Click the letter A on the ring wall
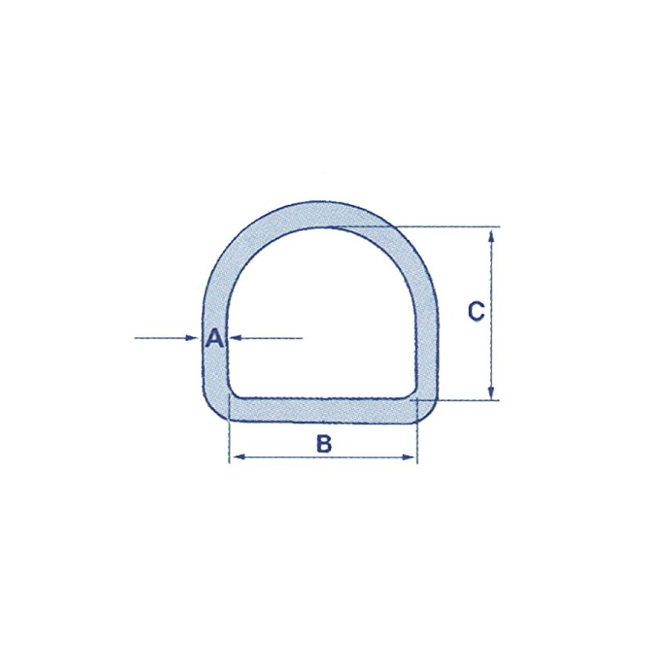(x=214, y=339)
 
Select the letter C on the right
(x=477, y=310)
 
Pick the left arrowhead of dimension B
(x=236, y=458)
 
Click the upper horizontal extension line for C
(x=454, y=227)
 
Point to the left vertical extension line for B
(x=230, y=441)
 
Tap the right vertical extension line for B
(x=417, y=441)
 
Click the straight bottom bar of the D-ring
(x=324, y=410)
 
